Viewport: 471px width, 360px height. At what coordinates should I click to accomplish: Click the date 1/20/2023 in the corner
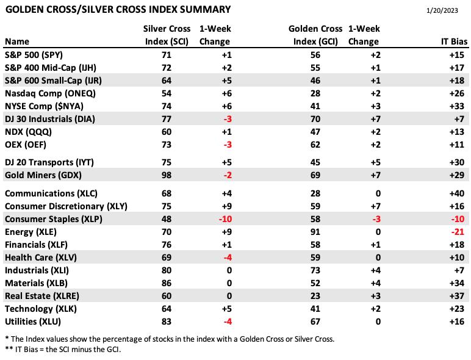[442, 10]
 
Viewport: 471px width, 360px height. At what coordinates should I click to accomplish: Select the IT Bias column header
[454, 41]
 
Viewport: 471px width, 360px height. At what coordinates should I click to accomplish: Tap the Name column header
[17, 41]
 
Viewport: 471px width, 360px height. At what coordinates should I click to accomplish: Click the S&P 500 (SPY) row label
[34, 55]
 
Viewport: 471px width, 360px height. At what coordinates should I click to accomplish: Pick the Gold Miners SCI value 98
[167, 175]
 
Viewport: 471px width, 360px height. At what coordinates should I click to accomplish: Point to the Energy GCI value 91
[315, 232]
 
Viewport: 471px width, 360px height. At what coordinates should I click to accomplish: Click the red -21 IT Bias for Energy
[458, 232]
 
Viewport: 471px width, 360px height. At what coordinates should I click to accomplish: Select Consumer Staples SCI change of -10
[225, 219]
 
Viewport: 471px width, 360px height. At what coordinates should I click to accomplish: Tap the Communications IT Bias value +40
[457, 193]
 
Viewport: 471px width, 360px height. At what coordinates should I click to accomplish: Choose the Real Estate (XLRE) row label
[42, 296]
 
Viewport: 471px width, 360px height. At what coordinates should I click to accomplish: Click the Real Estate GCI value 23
[315, 296]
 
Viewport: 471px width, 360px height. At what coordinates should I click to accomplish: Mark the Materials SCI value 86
[167, 283]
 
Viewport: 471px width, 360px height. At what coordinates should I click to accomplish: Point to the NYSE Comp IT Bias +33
[457, 106]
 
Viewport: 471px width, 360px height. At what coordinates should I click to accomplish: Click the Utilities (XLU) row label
[33, 322]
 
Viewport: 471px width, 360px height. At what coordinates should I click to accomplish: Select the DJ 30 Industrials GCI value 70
[315, 119]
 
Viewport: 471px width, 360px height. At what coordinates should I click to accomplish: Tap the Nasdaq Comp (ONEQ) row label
[50, 93]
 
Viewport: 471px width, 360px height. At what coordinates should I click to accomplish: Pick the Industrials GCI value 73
[315, 270]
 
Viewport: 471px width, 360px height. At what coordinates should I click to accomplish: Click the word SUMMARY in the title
[205, 10]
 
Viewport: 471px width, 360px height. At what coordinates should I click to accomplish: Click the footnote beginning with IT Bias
[63, 350]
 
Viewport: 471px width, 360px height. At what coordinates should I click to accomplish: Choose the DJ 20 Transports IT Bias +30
[457, 162]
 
